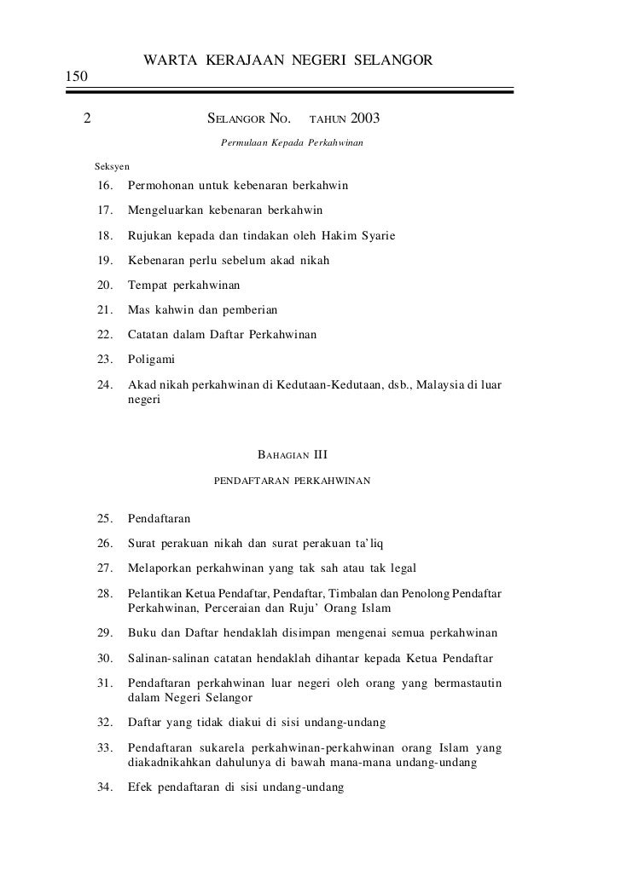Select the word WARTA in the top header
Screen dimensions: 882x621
[171, 60]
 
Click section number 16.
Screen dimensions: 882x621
[106, 186]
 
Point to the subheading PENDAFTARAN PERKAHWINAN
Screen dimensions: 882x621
[292, 481]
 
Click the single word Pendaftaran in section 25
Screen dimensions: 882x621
[159, 518]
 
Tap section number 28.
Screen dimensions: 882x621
[106, 592]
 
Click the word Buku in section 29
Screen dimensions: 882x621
[142, 634]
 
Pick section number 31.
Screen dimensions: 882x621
[106, 683]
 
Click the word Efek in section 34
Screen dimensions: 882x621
[142, 789]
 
